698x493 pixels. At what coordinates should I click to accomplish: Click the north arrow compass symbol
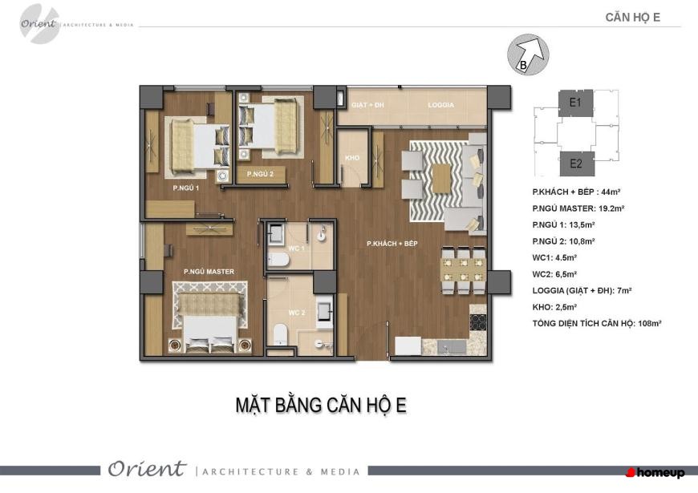(528, 55)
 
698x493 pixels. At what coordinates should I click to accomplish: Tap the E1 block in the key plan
(575, 103)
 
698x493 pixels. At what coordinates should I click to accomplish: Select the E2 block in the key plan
(577, 164)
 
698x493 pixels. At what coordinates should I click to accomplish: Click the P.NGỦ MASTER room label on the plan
(209, 272)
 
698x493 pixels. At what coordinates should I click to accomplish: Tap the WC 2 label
(297, 313)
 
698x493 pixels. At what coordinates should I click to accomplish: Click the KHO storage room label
(352, 158)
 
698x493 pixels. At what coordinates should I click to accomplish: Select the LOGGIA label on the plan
(440, 105)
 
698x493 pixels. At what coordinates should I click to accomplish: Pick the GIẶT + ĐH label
(367, 105)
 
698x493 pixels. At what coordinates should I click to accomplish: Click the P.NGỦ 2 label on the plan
(260, 174)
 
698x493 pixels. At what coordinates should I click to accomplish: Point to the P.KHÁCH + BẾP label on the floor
(392, 244)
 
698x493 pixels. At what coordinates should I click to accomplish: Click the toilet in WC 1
(278, 260)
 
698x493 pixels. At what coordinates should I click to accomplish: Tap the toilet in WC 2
(280, 334)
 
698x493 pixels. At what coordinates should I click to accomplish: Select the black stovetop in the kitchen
(478, 322)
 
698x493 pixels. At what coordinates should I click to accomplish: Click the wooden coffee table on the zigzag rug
(441, 179)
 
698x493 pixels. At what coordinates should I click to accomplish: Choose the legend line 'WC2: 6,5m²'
(554, 274)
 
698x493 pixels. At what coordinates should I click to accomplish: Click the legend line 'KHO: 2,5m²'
(554, 307)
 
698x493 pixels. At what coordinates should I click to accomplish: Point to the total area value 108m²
(650, 324)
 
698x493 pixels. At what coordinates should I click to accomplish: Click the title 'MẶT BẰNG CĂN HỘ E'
(321, 406)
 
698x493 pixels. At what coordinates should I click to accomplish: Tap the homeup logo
(655, 472)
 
